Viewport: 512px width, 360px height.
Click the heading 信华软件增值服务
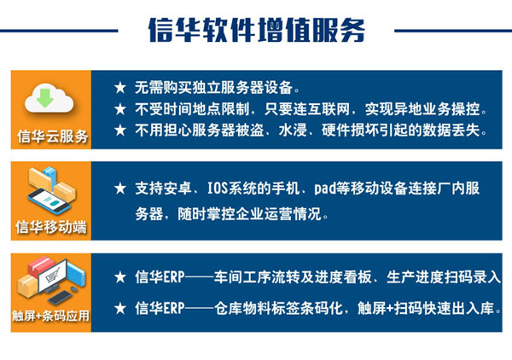[257, 31]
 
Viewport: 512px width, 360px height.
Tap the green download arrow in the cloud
[45, 97]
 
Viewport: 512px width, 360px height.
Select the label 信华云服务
[53, 136]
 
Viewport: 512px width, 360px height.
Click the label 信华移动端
[51, 227]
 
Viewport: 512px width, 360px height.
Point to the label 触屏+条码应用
[50, 316]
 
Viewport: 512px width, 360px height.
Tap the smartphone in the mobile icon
[49, 201]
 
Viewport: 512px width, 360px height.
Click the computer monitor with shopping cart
[53, 276]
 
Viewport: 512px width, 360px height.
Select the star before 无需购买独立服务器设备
[120, 88]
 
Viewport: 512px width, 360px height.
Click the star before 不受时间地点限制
[120, 109]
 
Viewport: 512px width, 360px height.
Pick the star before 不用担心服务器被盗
[120, 131]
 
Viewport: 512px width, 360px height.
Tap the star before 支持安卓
[120, 189]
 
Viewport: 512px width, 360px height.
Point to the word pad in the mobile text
[324, 189]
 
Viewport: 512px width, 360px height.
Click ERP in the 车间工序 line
[174, 277]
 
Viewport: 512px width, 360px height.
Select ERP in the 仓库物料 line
[174, 309]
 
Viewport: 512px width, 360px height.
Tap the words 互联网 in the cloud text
[329, 109]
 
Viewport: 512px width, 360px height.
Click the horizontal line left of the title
[59, 31]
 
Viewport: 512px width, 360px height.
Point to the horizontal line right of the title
[453, 31]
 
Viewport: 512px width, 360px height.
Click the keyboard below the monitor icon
[60, 297]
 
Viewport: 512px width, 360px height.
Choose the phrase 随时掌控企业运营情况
[251, 214]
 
